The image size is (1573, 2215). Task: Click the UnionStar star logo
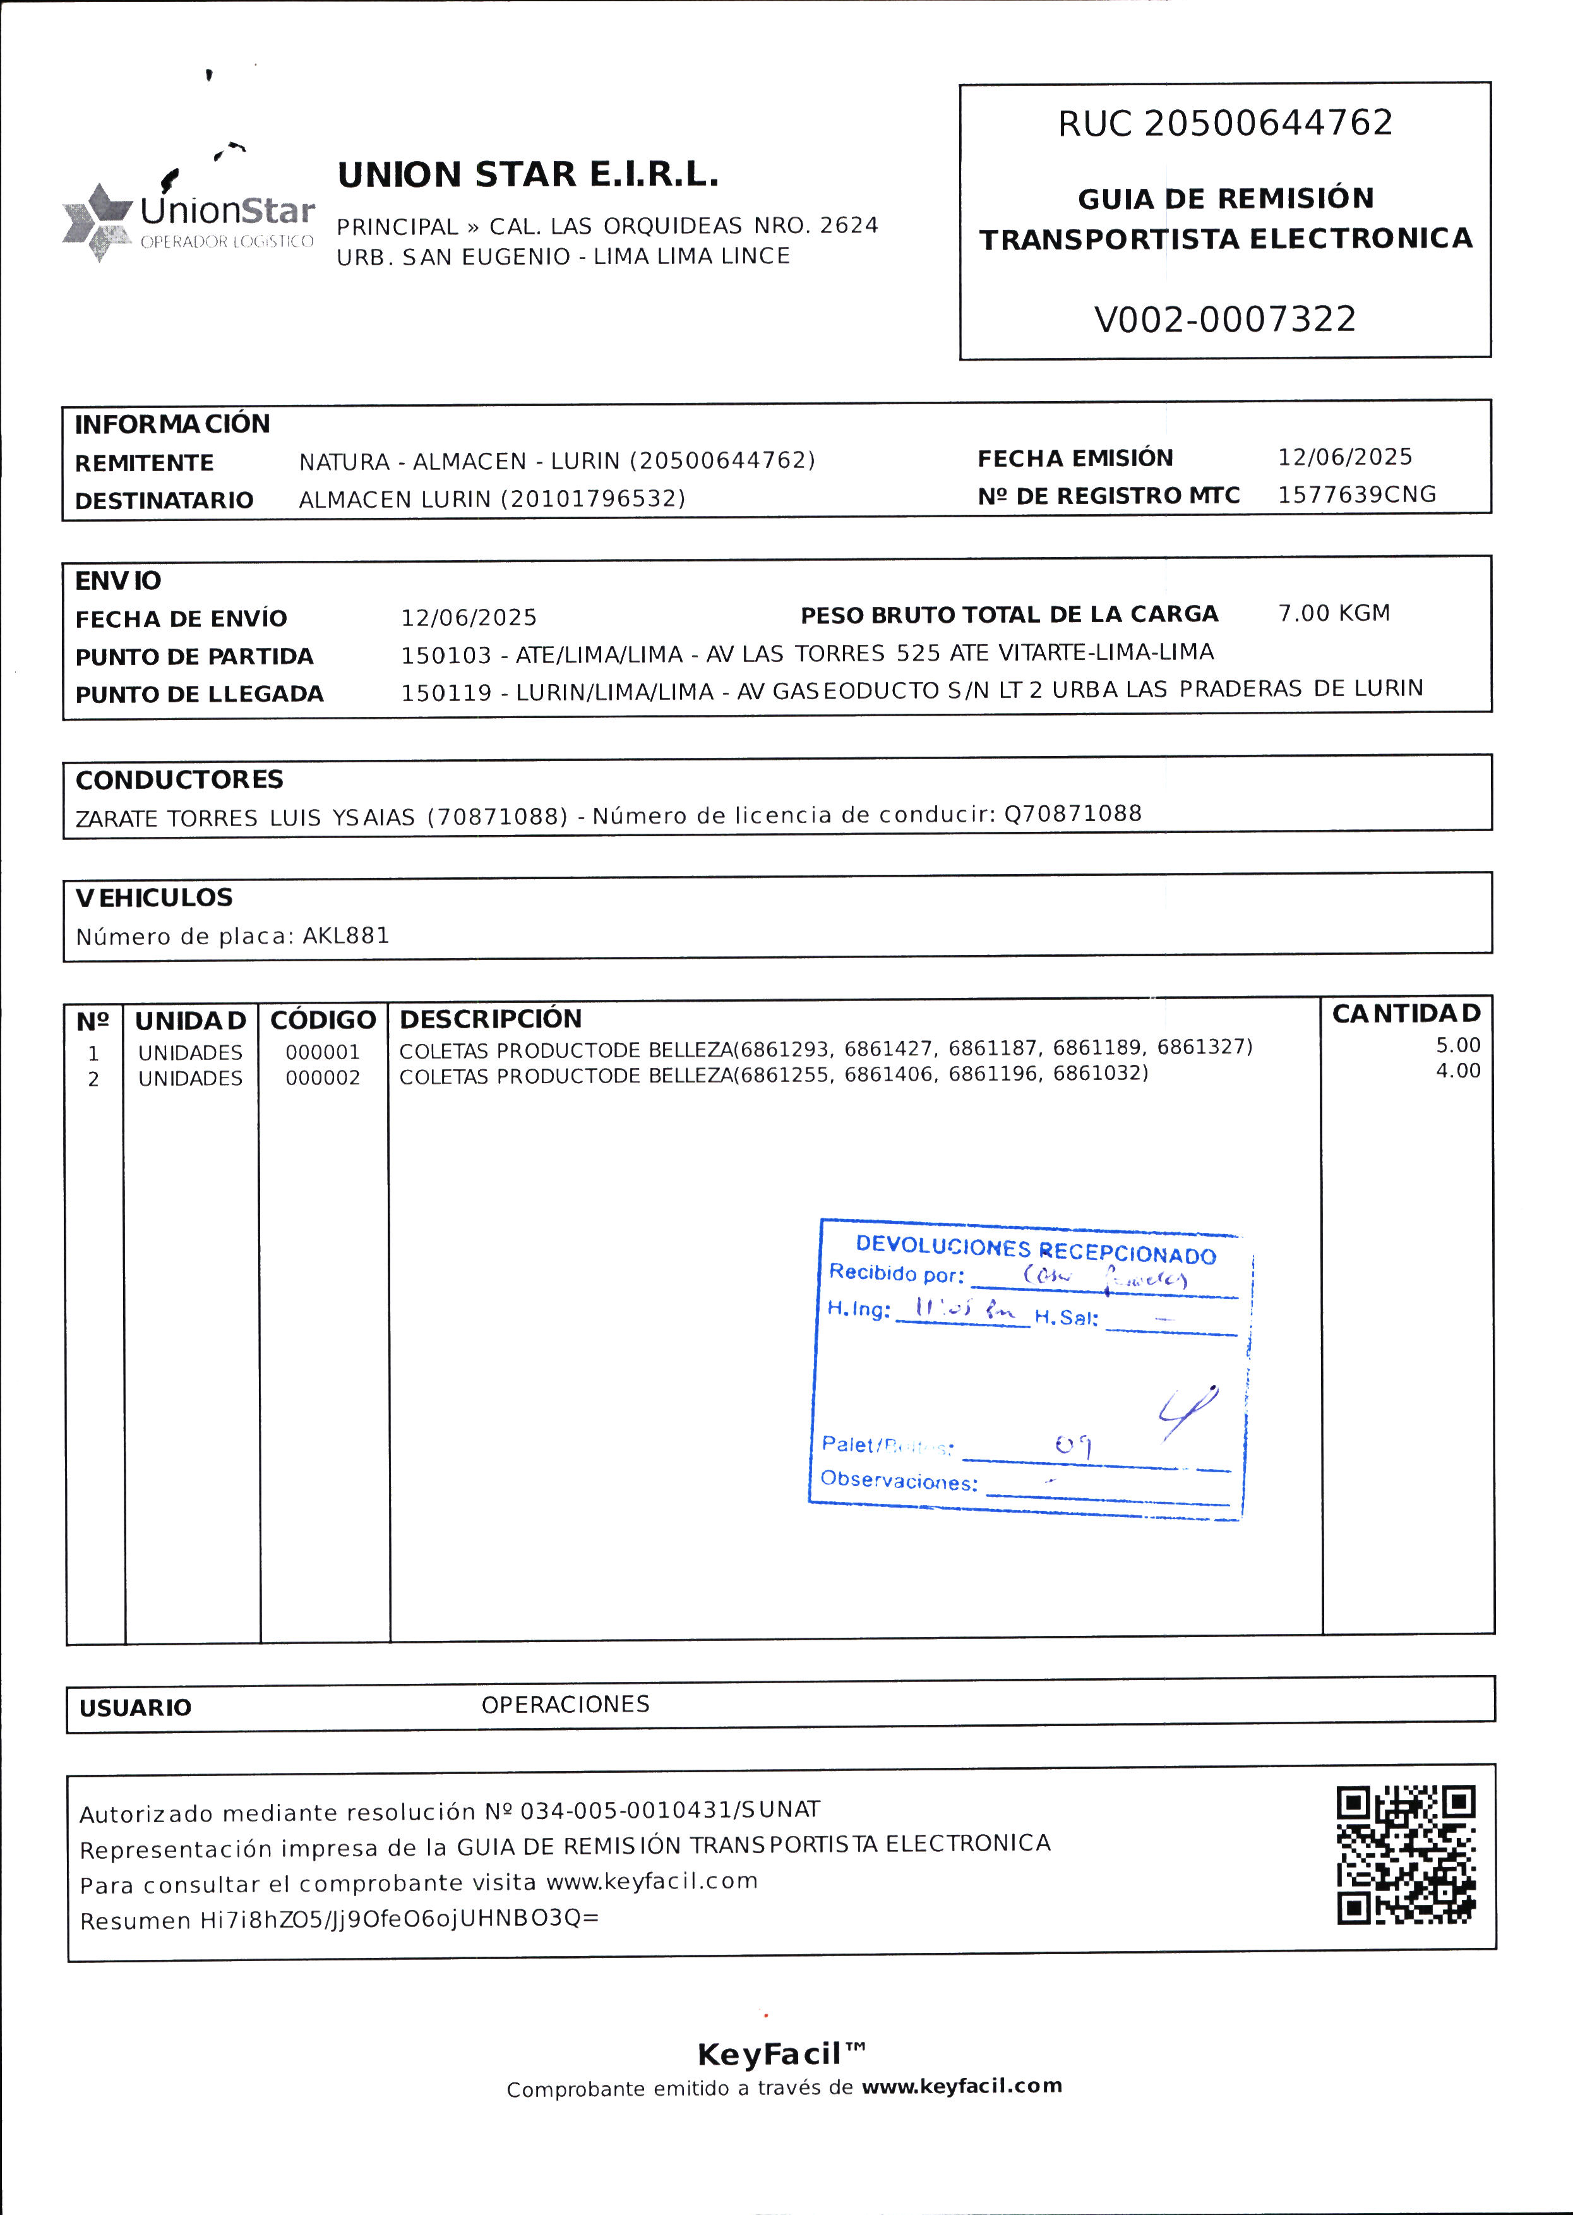click(97, 222)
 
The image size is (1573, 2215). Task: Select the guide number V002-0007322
click(1224, 320)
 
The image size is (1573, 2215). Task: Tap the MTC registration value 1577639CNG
click(1356, 495)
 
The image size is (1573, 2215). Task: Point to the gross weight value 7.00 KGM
click(1334, 613)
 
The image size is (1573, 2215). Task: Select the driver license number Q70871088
click(1072, 813)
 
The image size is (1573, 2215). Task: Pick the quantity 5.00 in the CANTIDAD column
click(1457, 1045)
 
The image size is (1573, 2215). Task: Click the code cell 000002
click(323, 1078)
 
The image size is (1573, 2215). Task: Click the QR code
click(1406, 1855)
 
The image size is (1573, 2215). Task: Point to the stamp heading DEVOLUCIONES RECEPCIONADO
click(1036, 1251)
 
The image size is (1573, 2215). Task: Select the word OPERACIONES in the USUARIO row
click(566, 1705)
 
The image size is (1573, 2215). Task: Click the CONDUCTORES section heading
click(179, 779)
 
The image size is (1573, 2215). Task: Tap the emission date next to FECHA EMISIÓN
click(1344, 457)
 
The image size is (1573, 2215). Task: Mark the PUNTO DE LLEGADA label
click(200, 694)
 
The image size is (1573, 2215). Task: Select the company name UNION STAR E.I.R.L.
click(528, 176)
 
